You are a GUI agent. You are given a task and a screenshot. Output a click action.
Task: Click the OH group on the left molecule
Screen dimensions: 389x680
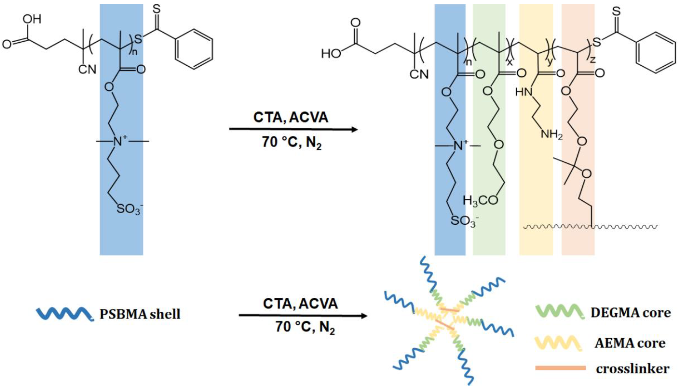(32, 19)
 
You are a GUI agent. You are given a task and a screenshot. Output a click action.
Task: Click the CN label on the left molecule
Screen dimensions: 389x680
(87, 69)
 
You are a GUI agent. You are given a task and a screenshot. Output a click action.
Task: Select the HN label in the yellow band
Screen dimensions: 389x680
(524, 92)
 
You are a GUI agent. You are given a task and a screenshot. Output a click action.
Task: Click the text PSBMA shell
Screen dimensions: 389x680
(140, 314)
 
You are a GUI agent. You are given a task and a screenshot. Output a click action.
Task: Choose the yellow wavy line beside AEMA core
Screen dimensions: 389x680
(558, 343)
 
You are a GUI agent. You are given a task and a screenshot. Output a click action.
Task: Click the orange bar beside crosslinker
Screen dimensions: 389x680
(560, 368)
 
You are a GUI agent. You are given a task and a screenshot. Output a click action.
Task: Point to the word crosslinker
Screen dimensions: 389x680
(632, 369)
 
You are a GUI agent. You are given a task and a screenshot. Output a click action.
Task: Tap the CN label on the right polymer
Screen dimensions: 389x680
(419, 74)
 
